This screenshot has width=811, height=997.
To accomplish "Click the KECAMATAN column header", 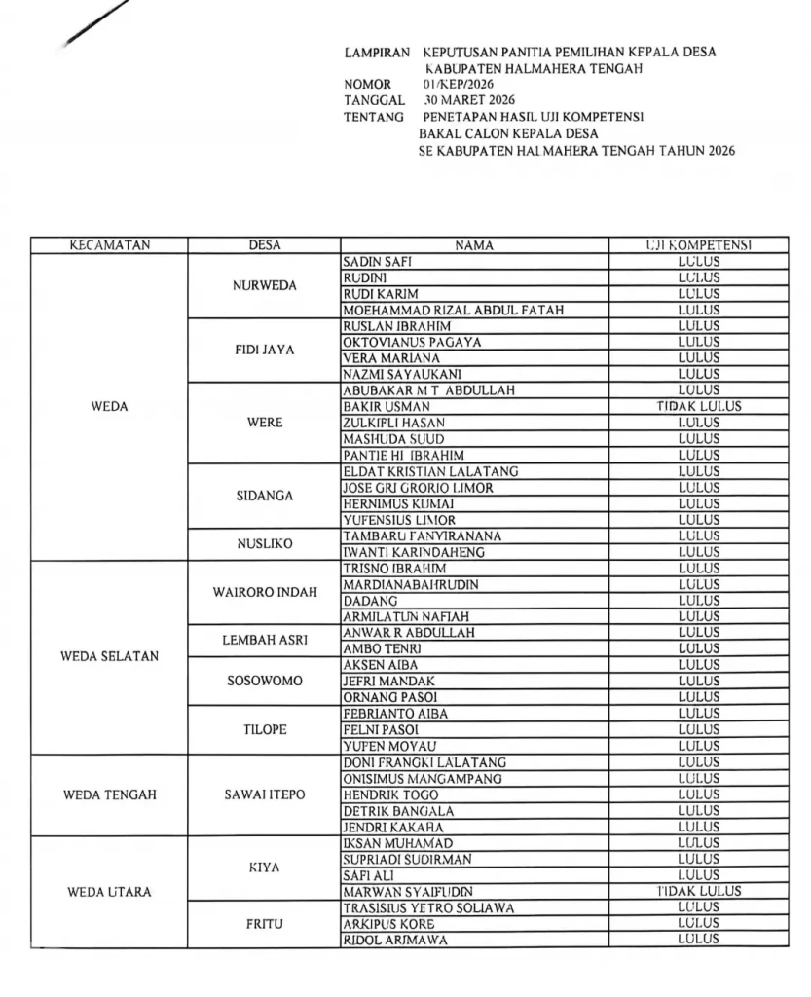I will click(x=109, y=246).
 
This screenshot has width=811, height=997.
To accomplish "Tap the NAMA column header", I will click(x=474, y=246).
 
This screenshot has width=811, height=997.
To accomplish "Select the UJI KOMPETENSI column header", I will click(x=698, y=246).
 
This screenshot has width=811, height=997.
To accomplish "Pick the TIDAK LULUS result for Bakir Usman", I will click(x=698, y=407).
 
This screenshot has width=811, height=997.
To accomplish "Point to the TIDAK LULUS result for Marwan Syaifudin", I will click(x=698, y=891).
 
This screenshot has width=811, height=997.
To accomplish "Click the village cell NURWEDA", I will click(x=264, y=286).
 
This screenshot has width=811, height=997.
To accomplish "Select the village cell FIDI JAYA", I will click(x=264, y=351).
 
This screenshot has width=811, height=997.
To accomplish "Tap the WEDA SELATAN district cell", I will click(x=109, y=656).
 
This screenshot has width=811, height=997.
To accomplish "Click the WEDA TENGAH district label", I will click(x=109, y=794).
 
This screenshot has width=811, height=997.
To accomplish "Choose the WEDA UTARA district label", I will click(x=109, y=892).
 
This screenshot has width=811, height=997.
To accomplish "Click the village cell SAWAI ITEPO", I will click(x=264, y=794).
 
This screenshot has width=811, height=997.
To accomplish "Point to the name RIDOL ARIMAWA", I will click(x=388, y=940).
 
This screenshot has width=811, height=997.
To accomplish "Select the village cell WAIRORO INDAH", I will click(x=264, y=592).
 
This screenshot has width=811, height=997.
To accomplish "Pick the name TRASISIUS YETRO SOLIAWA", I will click(x=428, y=907).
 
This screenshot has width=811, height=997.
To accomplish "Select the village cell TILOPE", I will click(x=264, y=729).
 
